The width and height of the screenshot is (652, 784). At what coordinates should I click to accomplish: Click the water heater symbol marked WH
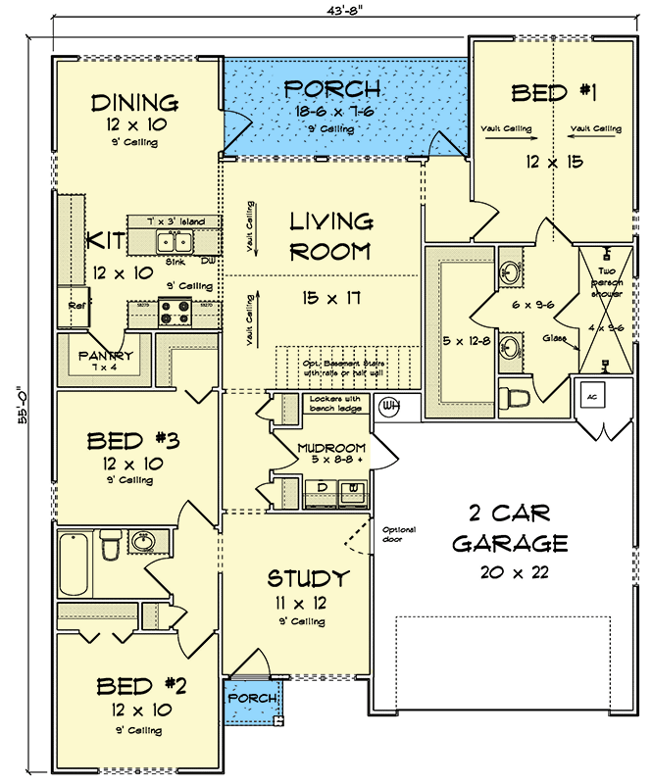(x=389, y=405)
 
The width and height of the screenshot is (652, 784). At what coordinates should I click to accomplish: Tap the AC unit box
(x=592, y=396)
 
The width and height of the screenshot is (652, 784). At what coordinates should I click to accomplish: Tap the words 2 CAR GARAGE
(x=510, y=527)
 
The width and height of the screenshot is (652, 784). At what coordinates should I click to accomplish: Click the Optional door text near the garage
(x=399, y=534)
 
